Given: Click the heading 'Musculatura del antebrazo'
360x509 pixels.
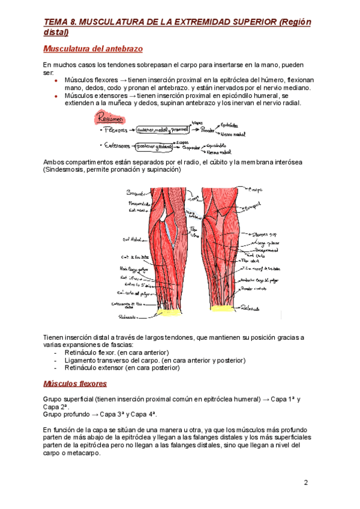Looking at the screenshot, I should pos(92,49).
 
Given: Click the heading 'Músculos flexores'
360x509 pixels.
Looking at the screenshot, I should pos(75,383).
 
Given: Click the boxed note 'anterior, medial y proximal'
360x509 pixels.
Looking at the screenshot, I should pos(161,129).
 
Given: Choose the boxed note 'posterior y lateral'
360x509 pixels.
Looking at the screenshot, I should pos(153,145).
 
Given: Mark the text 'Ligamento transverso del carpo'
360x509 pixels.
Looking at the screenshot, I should pos(115,360).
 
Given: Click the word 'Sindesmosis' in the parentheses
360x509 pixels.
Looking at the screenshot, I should pos(64,170).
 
